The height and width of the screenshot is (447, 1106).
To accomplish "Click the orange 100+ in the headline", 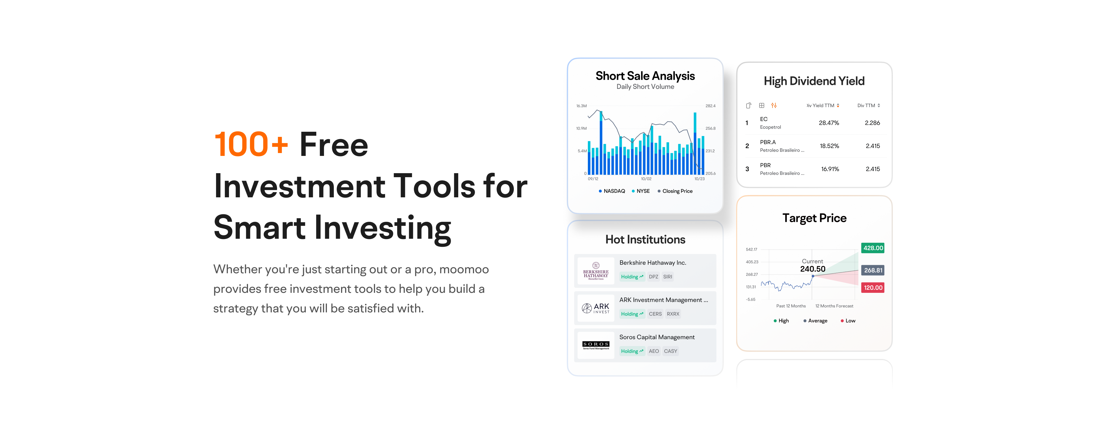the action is point(251,144).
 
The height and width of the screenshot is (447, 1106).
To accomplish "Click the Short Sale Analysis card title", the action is point(645,76).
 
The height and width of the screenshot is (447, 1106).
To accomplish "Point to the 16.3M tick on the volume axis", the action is point(581,106).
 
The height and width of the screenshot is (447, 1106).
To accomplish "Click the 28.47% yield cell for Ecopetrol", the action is point(829,123).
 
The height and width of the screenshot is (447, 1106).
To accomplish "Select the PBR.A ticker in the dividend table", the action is point(768,142).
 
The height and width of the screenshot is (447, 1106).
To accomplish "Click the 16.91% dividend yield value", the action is point(830,169).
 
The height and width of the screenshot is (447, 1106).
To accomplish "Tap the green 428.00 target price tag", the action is point(873,248).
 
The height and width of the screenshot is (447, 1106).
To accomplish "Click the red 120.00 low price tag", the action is point(873,287).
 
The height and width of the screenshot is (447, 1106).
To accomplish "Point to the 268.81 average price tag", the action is point(873,270).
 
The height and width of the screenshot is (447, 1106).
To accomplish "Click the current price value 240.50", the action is point(812,269).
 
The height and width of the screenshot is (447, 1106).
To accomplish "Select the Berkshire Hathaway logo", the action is point(596,271).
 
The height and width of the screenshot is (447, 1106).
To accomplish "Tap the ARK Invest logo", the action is point(596,308).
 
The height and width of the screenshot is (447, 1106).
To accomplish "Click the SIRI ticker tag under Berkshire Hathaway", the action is point(667,277).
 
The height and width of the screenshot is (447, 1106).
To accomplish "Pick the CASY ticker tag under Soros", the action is point(670,351).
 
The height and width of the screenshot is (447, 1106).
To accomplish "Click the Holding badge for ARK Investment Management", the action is point(632,314).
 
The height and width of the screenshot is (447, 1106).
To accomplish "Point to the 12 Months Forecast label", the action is point(834,306).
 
